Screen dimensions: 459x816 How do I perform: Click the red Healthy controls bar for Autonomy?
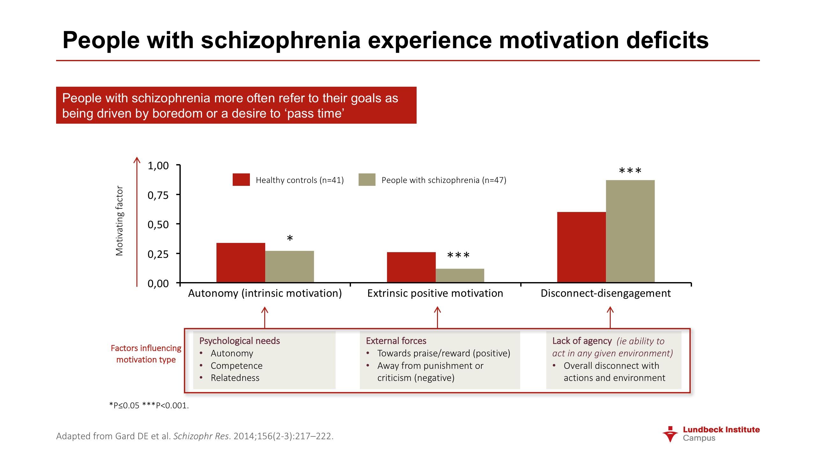coord(241,263)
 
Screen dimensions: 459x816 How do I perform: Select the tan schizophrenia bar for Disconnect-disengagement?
coord(630,231)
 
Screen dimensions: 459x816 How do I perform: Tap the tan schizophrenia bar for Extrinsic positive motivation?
coord(460,275)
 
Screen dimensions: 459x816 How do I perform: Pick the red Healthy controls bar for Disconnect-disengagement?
coord(581,247)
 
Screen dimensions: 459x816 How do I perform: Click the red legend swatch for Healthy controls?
coord(241,180)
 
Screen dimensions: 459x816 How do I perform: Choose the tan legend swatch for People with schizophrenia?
coord(367,180)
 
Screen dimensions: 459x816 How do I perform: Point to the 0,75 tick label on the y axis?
coord(158,195)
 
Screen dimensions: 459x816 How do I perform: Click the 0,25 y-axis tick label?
coord(158,254)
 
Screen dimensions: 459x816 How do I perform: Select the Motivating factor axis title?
coord(119,221)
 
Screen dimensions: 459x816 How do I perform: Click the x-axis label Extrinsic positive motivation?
coord(435,293)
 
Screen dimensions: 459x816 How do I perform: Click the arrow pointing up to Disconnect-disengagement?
coord(610,317)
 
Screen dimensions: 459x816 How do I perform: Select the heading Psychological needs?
coord(239,341)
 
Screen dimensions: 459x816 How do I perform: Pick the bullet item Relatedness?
coord(235,378)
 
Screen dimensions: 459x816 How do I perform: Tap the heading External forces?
coord(396,341)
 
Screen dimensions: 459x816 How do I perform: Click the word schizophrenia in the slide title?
coord(280,40)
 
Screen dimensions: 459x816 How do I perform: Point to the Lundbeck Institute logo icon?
coord(670,434)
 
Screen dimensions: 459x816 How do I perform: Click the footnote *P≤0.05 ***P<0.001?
coord(149,405)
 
